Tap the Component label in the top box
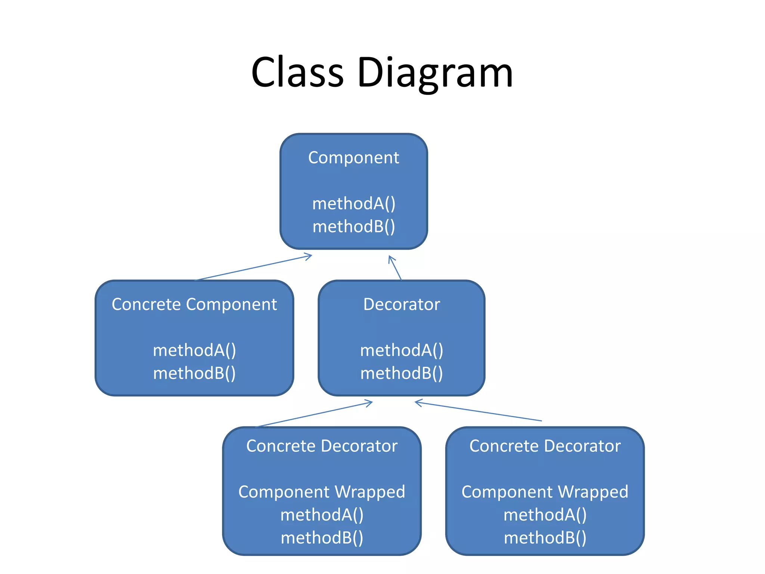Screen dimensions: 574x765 (353, 158)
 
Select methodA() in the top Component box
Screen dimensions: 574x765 (353, 204)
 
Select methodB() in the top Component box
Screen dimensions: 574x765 (353, 226)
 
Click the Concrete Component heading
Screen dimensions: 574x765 (194, 304)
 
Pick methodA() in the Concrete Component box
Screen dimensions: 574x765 (194, 350)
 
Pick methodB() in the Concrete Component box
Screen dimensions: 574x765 (194, 373)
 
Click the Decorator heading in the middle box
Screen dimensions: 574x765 (402, 304)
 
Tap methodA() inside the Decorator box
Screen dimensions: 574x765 (402, 350)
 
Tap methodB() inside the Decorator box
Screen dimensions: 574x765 (402, 373)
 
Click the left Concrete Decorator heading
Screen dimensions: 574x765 (322, 446)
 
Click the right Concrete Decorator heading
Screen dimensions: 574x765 (545, 446)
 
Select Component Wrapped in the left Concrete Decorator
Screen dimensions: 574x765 (322, 492)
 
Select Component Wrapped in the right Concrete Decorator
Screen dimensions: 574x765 (545, 492)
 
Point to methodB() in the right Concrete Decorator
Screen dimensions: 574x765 (545, 538)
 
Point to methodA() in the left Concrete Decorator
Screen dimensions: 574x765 (322, 515)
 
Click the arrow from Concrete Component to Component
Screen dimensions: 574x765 (253, 268)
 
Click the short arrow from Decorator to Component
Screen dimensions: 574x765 (395, 268)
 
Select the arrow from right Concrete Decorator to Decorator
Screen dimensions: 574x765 (478, 411)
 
